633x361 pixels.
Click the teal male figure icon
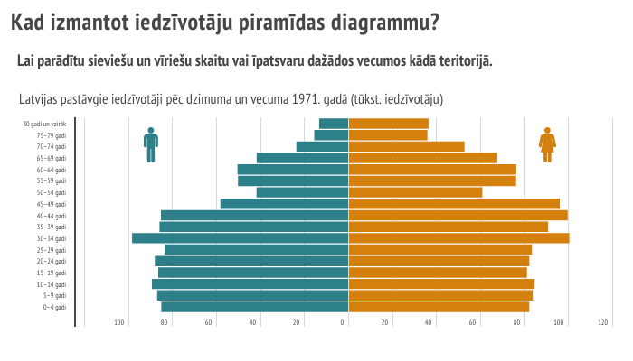coord(151,144)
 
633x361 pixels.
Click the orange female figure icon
coord(547,144)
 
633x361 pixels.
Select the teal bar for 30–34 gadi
coord(240,238)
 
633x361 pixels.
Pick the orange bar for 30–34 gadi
coord(458,238)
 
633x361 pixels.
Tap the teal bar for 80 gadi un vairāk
coord(334,124)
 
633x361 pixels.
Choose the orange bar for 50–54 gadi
coord(415,192)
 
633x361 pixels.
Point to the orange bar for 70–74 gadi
coord(406,146)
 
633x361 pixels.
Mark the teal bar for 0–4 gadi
coord(255,307)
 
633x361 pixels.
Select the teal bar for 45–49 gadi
coord(284,204)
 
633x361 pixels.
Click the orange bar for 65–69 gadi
coord(422,158)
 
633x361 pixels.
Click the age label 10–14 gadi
coord(52,284)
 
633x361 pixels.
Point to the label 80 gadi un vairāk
coord(45,124)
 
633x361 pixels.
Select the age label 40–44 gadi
coord(52,216)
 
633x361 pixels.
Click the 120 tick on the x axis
coord(602,322)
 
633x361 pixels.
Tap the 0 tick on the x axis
coord(344,322)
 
